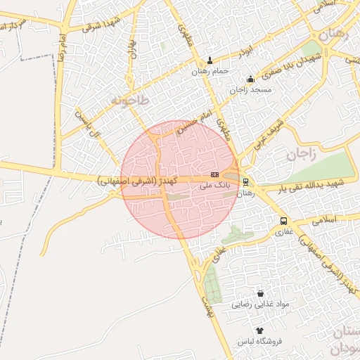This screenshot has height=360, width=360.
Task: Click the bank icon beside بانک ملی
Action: pyautogui.click(x=214, y=175)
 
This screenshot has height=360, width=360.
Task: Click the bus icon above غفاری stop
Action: pyautogui.click(x=283, y=220)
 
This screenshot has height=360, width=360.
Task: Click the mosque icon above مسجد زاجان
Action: pyautogui.click(x=251, y=79)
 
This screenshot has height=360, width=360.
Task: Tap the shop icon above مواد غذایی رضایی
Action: pyautogui.click(x=262, y=293)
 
